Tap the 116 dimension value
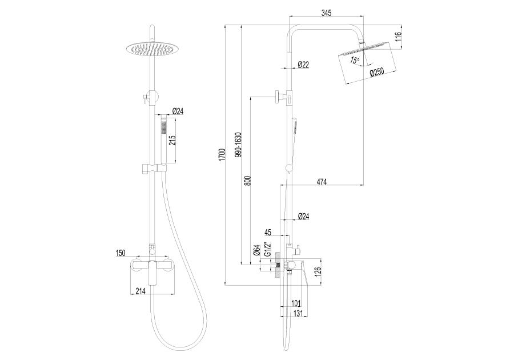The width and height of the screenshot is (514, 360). click(398, 37)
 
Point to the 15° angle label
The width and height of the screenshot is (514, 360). click(355, 61)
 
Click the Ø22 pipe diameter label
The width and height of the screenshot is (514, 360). click(303, 65)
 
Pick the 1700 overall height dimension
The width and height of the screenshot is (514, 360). click(222, 154)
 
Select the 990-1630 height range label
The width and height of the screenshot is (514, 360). click(238, 144)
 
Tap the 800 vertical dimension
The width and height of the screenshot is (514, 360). click(248, 181)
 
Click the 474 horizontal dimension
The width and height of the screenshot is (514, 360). click(322, 182)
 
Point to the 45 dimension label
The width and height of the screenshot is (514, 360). click(268, 232)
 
